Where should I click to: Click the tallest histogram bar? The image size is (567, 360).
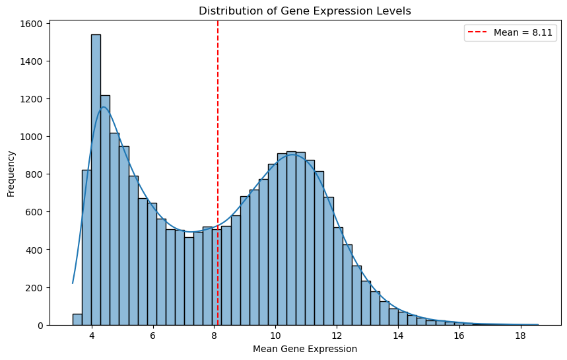click(x=96, y=178)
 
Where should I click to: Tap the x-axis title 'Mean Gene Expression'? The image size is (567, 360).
click(x=305, y=349)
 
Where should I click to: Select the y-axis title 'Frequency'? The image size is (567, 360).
click(x=11, y=174)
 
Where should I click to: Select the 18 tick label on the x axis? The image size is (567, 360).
click(x=520, y=336)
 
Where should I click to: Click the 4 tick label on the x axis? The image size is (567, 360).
click(x=92, y=336)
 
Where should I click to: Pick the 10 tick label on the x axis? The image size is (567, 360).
click(x=275, y=336)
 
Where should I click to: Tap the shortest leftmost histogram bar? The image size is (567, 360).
click(x=77, y=320)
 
